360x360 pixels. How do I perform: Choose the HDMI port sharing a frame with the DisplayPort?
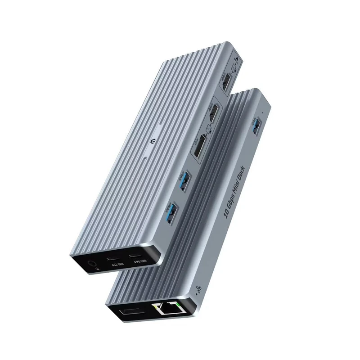[213, 111]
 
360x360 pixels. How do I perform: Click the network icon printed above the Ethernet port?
[198, 291]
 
